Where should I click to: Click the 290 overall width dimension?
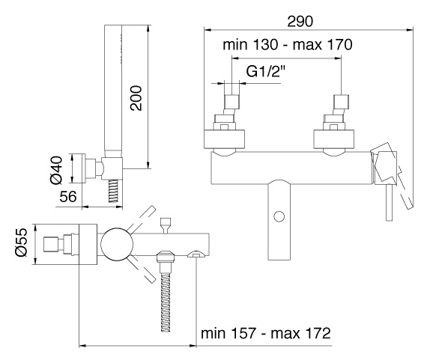(x=300, y=22)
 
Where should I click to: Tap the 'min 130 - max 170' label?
(x=288, y=44)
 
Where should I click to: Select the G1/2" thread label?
(x=265, y=72)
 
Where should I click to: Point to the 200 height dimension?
(x=136, y=98)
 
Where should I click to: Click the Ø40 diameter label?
(x=56, y=170)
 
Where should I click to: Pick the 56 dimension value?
(x=68, y=196)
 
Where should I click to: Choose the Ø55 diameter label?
(x=22, y=242)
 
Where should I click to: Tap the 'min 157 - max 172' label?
(x=266, y=333)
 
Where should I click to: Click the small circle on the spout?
(x=279, y=216)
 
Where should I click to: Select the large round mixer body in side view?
(x=117, y=244)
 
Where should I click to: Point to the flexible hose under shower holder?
(x=113, y=190)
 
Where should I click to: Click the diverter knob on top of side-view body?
(x=166, y=225)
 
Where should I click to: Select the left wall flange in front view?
(x=225, y=139)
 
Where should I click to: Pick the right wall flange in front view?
(x=334, y=139)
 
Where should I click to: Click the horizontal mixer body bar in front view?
(x=291, y=168)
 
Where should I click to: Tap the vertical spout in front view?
(x=279, y=219)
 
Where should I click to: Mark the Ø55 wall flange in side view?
(x=88, y=244)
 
